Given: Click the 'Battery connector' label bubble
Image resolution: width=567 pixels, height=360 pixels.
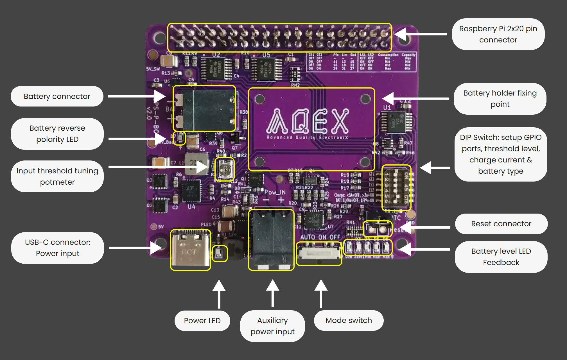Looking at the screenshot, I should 57,96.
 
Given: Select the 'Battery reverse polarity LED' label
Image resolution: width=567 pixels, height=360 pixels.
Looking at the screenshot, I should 57,134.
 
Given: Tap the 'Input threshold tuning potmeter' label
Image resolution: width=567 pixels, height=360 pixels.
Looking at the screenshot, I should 57,176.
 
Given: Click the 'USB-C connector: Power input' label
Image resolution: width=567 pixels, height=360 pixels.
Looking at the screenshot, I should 58,248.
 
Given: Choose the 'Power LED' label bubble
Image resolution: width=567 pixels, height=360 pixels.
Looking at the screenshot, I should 202,321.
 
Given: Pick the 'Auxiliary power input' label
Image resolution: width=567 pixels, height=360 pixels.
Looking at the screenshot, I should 272,326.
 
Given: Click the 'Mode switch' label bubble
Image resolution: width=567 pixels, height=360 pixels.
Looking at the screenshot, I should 349,320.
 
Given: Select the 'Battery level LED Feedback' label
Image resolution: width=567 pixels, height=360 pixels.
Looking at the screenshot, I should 501,257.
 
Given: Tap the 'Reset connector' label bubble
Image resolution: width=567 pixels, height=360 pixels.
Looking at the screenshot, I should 501,224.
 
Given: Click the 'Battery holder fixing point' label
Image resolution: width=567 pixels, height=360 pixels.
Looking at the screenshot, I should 500,99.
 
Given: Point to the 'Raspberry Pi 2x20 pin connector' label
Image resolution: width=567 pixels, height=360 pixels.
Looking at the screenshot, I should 498,34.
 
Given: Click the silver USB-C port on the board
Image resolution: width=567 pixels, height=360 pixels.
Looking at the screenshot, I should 190,250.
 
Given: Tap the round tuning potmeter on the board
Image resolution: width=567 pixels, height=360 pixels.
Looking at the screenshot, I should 225,169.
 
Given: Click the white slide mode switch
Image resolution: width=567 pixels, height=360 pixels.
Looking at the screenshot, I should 319,254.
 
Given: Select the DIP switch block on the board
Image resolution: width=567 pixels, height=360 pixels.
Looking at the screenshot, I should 396,188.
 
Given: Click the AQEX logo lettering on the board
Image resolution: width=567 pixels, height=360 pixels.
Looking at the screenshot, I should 308,121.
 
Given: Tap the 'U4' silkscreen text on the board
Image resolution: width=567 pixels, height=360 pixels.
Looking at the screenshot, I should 191,207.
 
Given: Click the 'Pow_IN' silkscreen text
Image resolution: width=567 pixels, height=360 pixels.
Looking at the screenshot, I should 275,193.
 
